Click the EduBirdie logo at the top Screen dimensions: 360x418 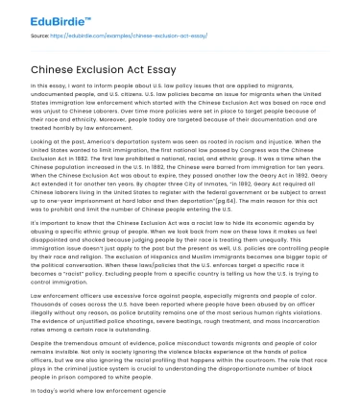coord(45,15)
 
